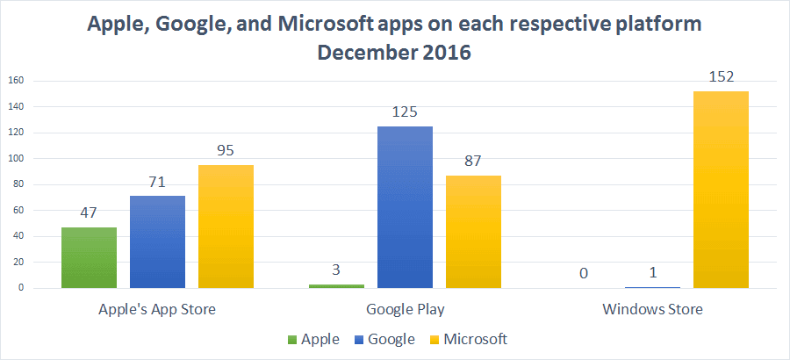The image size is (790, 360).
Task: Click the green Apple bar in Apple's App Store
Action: click(x=89, y=257)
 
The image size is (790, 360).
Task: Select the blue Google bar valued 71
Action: click(x=157, y=241)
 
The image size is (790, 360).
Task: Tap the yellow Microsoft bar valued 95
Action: click(x=226, y=227)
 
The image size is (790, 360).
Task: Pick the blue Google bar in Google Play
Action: click(x=405, y=207)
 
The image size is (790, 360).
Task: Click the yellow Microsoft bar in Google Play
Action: click(x=473, y=232)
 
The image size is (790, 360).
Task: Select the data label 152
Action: click(x=721, y=77)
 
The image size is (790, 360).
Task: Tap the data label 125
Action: click(x=405, y=112)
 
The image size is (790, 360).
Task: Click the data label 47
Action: click(x=89, y=213)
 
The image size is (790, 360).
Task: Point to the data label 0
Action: click(x=584, y=274)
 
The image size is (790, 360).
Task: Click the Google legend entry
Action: click(x=387, y=338)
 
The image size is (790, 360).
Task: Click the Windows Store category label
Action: click(x=652, y=310)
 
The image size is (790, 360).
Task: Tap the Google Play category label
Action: click(x=405, y=310)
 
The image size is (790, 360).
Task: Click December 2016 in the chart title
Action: click(x=394, y=53)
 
